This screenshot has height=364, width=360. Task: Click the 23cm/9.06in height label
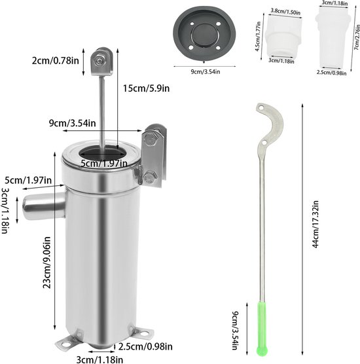[x=46, y=263]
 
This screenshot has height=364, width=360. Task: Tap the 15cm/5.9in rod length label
[x=146, y=88]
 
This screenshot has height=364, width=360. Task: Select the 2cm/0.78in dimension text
[x=56, y=61]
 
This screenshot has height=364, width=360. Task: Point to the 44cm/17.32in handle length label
[x=315, y=225]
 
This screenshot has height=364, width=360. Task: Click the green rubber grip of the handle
[x=262, y=328]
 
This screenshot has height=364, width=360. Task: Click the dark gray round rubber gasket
[x=204, y=33]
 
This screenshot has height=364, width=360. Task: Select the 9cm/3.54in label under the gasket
[x=206, y=72]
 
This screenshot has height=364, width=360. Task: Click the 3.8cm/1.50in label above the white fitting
[x=286, y=11]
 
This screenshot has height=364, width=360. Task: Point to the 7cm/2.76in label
[x=357, y=37]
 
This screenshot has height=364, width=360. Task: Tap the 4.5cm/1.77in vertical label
[x=258, y=37]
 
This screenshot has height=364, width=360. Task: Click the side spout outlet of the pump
[x=44, y=206]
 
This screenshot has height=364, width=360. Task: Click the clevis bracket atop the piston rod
[x=101, y=62]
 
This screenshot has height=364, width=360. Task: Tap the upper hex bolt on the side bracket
[x=149, y=139]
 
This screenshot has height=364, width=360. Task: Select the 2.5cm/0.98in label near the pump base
[x=145, y=347]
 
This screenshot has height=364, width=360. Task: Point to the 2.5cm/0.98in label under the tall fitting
[x=331, y=73]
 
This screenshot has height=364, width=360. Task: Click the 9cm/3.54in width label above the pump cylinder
[x=72, y=123]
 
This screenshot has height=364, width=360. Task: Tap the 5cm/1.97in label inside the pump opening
[x=104, y=164]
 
